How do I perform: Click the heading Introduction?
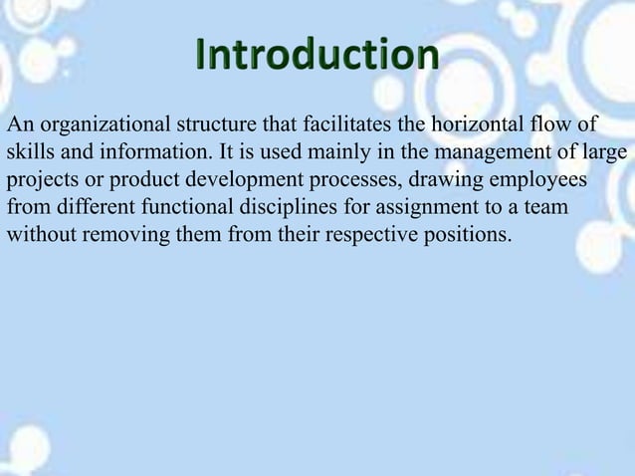point(316,57)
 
